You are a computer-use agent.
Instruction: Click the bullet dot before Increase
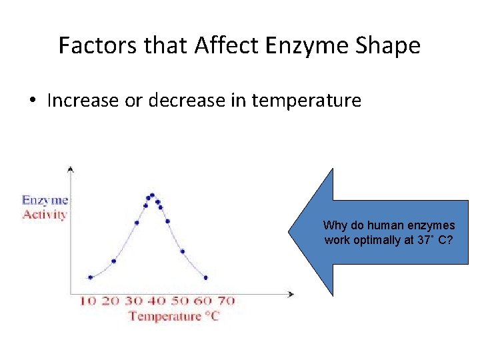coord(33,101)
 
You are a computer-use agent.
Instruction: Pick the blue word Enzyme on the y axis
coord(45,199)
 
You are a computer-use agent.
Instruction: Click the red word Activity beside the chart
coord(45,214)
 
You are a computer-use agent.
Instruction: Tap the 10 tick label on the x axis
coord(88,301)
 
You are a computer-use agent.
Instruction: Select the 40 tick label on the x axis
coord(157,301)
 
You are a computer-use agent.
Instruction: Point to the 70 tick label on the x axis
coord(227,301)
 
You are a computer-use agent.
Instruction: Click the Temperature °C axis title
coord(173,316)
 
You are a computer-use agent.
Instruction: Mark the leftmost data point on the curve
coord(90,277)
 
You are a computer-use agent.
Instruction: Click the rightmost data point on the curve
coord(205,277)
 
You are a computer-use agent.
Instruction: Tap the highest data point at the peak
coord(152,195)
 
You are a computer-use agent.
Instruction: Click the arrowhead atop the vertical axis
coord(71,169)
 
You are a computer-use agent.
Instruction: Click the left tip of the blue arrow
coord(289,232)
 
